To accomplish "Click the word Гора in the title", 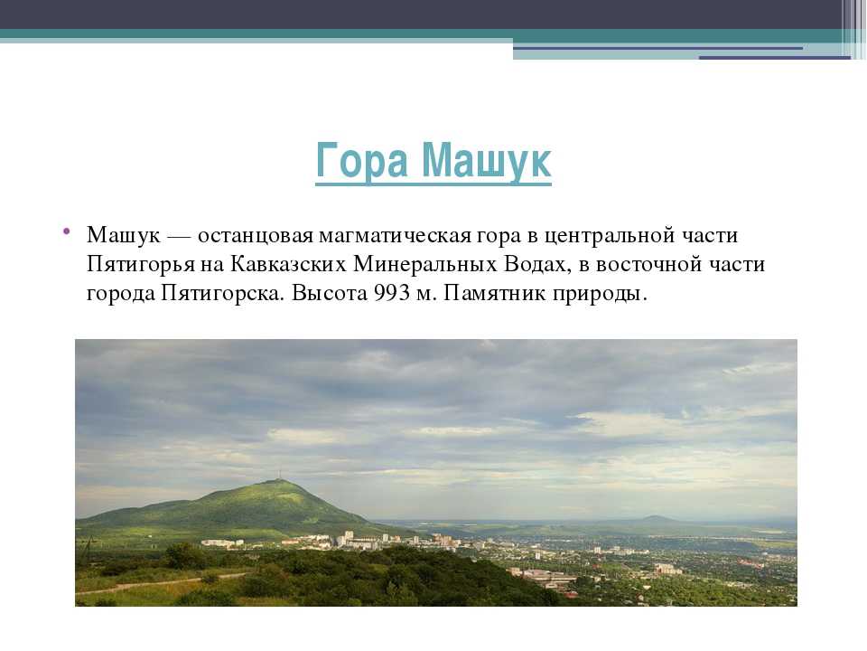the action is (x=361, y=161).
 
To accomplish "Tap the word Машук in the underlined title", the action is (x=487, y=161).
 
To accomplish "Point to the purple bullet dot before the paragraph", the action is (x=66, y=231).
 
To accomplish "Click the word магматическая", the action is (x=396, y=236).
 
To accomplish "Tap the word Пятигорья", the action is (x=141, y=265).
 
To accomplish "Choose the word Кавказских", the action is (x=288, y=264).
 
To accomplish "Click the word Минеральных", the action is (x=424, y=264).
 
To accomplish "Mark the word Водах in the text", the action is (x=536, y=265).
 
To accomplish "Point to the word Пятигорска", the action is (x=223, y=293).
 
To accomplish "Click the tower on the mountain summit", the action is (x=279, y=476).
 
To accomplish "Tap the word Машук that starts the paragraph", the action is (x=124, y=236).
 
